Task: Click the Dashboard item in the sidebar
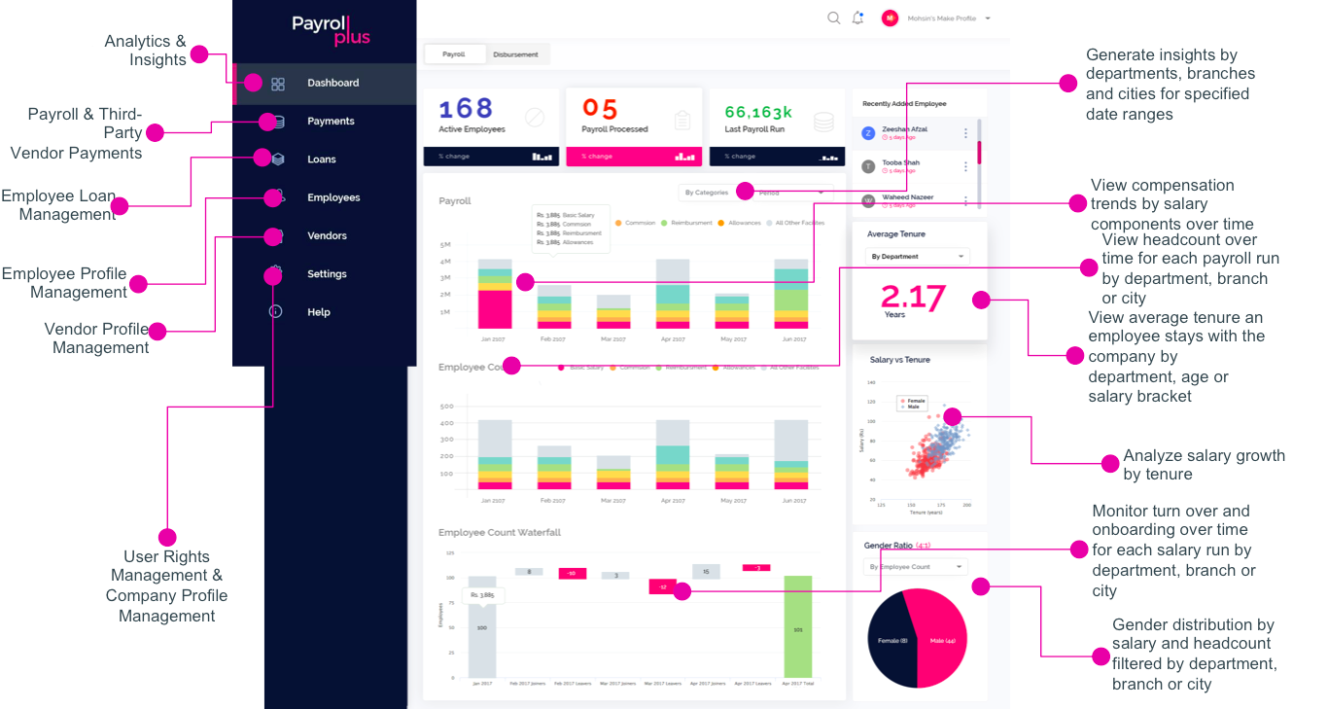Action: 332,83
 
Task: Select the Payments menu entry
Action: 331,122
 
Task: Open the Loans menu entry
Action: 322,160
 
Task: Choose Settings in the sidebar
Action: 327,274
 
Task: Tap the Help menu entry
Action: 319,312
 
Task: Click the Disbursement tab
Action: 515,54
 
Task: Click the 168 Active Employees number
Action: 466,109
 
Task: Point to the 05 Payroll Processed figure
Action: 600,109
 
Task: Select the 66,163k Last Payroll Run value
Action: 758,112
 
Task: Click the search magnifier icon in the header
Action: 833,18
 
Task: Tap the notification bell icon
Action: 857,18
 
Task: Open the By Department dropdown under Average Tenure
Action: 917,257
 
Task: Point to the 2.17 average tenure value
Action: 913,297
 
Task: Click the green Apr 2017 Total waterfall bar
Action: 797,627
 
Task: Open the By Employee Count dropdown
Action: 915,566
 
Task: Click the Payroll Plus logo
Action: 331,30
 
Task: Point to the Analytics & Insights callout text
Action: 145,51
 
